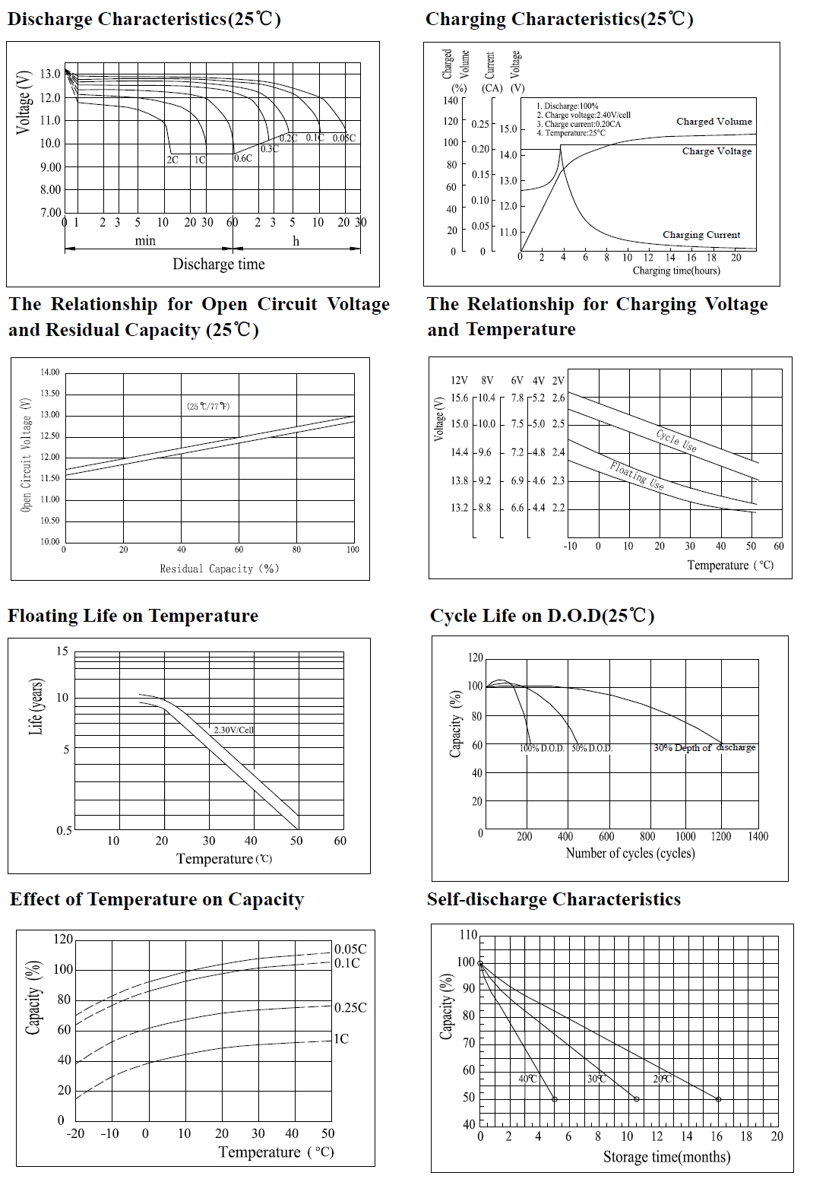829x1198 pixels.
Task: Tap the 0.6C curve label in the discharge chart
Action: point(243,158)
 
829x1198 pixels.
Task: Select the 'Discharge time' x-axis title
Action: point(218,264)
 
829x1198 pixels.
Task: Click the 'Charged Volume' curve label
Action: point(714,122)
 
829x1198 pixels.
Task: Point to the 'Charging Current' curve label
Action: point(701,235)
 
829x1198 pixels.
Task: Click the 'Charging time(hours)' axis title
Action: point(676,271)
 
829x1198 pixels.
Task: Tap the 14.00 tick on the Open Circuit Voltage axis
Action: point(50,372)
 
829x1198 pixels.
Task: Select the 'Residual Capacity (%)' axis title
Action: point(219,569)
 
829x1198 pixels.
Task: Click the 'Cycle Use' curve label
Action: point(676,439)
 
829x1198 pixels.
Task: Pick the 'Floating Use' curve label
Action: point(637,475)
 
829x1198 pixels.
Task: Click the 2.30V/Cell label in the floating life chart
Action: point(233,730)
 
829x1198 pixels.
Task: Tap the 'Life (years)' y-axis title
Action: point(36,706)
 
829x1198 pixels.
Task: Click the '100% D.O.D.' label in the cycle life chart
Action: point(542,749)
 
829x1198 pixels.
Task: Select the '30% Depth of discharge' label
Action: point(704,748)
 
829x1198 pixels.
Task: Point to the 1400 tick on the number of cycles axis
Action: point(758,836)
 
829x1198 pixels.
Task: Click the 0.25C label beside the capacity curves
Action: point(350,1007)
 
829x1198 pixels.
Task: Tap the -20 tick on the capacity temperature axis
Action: point(75,1133)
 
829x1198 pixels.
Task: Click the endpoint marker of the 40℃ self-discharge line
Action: point(554,1099)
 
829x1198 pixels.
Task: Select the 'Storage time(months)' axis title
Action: point(666,1157)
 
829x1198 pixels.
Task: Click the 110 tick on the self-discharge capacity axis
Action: point(468,935)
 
